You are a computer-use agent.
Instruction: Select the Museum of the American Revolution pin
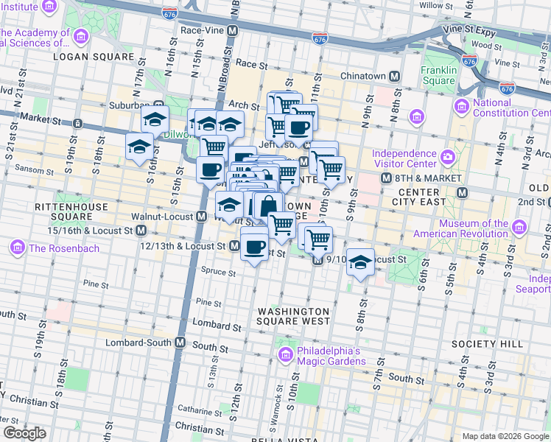coord(521,224)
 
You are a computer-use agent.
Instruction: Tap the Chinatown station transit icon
coord(394,77)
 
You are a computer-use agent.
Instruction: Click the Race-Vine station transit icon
coord(232,32)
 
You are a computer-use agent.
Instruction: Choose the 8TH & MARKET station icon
coord(385,178)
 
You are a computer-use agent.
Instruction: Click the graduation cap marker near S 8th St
coord(359,262)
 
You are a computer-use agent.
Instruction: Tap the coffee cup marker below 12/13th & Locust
coord(254,247)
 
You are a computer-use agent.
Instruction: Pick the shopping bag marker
coord(268,206)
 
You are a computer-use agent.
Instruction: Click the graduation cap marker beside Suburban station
coord(155,119)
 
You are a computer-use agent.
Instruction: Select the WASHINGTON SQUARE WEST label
coord(293,316)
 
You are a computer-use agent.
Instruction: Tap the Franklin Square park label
coord(439,76)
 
